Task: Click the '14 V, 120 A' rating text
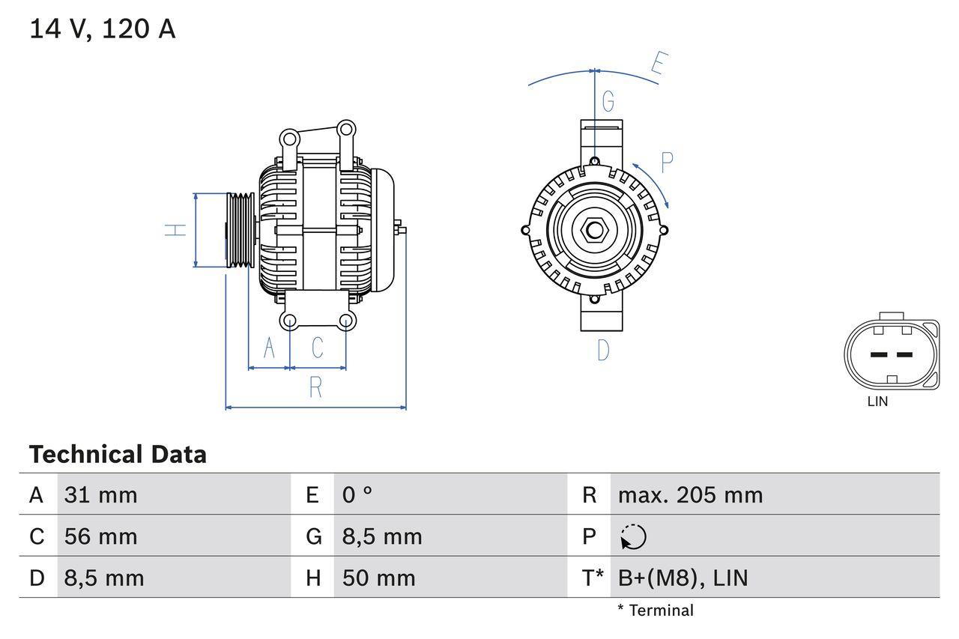click(x=102, y=29)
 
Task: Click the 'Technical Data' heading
click(x=118, y=455)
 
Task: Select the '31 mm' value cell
click(x=101, y=494)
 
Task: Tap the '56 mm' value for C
click(x=101, y=536)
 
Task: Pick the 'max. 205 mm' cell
click(x=689, y=494)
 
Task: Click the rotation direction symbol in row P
click(x=633, y=536)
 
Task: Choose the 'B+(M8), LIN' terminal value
click(x=683, y=578)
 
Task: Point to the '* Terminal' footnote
click(x=656, y=611)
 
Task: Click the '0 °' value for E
click(x=357, y=494)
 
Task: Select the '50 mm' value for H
click(x=378, y=578)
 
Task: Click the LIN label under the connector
click(x=877, y=402)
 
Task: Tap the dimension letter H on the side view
click(x=175, y=230)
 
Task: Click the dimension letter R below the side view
click(x=315, y=387)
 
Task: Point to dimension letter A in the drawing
click(x=268, y=348)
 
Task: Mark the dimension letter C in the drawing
click(x=317, y=348)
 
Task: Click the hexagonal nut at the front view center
click(x=594, y=230)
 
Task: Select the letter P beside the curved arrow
click(x=667, y=163)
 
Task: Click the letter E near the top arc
click(x=658, y=64)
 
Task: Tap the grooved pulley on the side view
click(x=240, y=230)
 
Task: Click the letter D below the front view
click(x=603, y=350)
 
